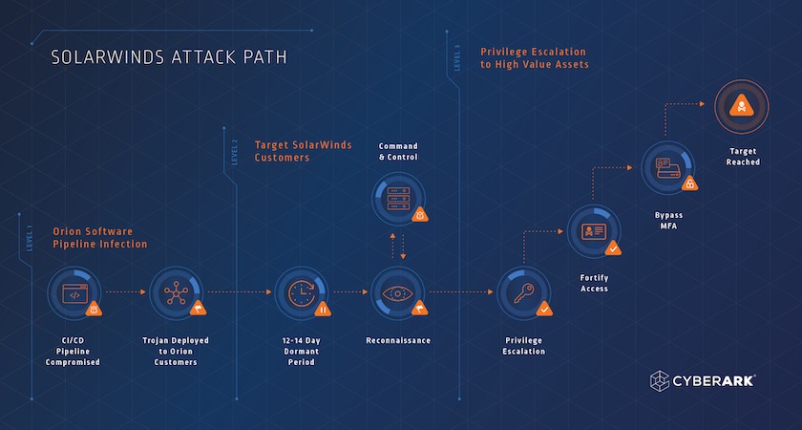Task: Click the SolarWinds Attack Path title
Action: pos(169,57)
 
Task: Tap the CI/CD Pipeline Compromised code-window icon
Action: pos(74,292)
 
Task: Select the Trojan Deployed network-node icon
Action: pos(177,292)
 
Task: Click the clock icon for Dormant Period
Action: pos(302,292)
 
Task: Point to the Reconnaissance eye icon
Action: pos(397,292)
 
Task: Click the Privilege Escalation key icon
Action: pos(523,292)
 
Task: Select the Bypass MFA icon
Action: pos(666,167)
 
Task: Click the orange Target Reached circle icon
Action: pos(742,107)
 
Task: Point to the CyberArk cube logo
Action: pos(664,381)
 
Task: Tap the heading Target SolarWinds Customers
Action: pos(303,151)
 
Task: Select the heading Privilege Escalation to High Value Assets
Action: pos(534,57)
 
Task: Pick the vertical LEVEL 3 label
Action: pos(457,56)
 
